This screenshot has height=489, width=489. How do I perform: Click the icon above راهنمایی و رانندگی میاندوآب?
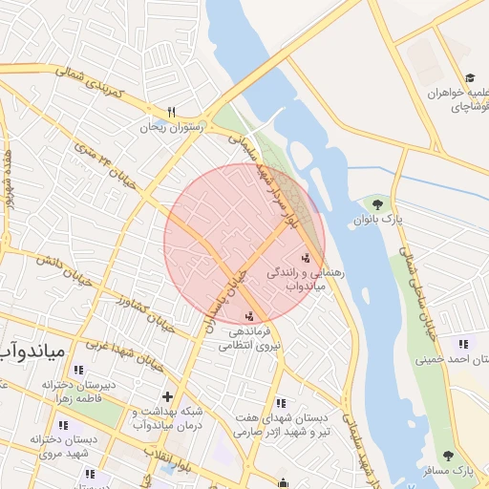pos(306,257)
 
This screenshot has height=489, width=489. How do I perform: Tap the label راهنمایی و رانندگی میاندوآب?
pos(298,279)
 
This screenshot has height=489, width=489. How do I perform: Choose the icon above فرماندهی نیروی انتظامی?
pos(250,315)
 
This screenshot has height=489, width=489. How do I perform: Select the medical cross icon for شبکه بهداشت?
pos(168,395)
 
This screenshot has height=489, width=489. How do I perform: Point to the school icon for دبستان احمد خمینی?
pos(464,344)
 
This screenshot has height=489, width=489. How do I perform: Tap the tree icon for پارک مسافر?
pos(449,456)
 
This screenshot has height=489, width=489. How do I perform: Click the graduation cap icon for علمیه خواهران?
pos(469,78)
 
